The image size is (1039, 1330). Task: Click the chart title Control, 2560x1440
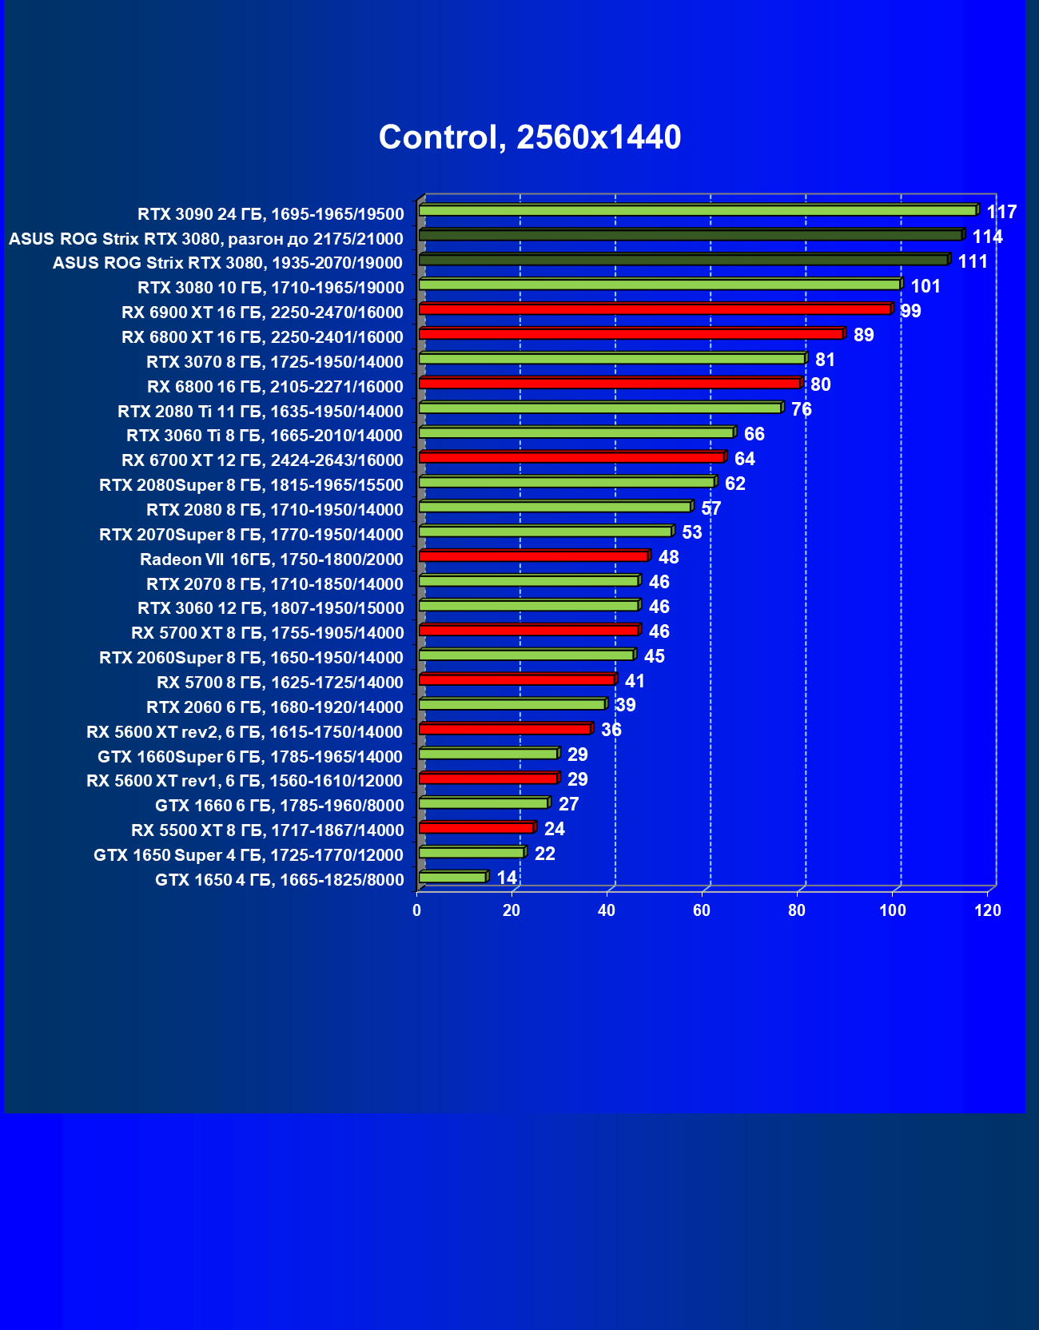[x=530, y=137]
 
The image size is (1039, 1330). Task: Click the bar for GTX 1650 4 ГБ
[x=452, y=878]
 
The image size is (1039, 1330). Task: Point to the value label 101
[x=926, y=286]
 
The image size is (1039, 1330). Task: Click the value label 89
[x=863, y=335]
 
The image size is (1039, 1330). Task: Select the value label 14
[x=507, y=878]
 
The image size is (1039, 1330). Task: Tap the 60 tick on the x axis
[x=702, y=910]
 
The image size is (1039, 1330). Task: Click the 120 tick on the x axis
[x=988, y=910]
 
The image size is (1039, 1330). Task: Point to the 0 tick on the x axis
[x=416, y=910]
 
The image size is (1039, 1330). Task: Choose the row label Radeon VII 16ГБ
[x=271, y=559]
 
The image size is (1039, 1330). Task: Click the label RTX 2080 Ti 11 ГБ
[x=260, y=411]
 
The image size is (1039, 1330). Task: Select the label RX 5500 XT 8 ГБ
[x=267, y=830]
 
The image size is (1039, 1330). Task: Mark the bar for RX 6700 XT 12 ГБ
[x=571, y=457]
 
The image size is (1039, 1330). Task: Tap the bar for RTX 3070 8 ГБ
[x=611, y=359]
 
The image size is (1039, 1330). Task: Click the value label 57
[x=711, y=508]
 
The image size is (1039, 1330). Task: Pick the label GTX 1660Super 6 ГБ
[x=250, y=756]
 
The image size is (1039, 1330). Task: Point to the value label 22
[x=544, y=854]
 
